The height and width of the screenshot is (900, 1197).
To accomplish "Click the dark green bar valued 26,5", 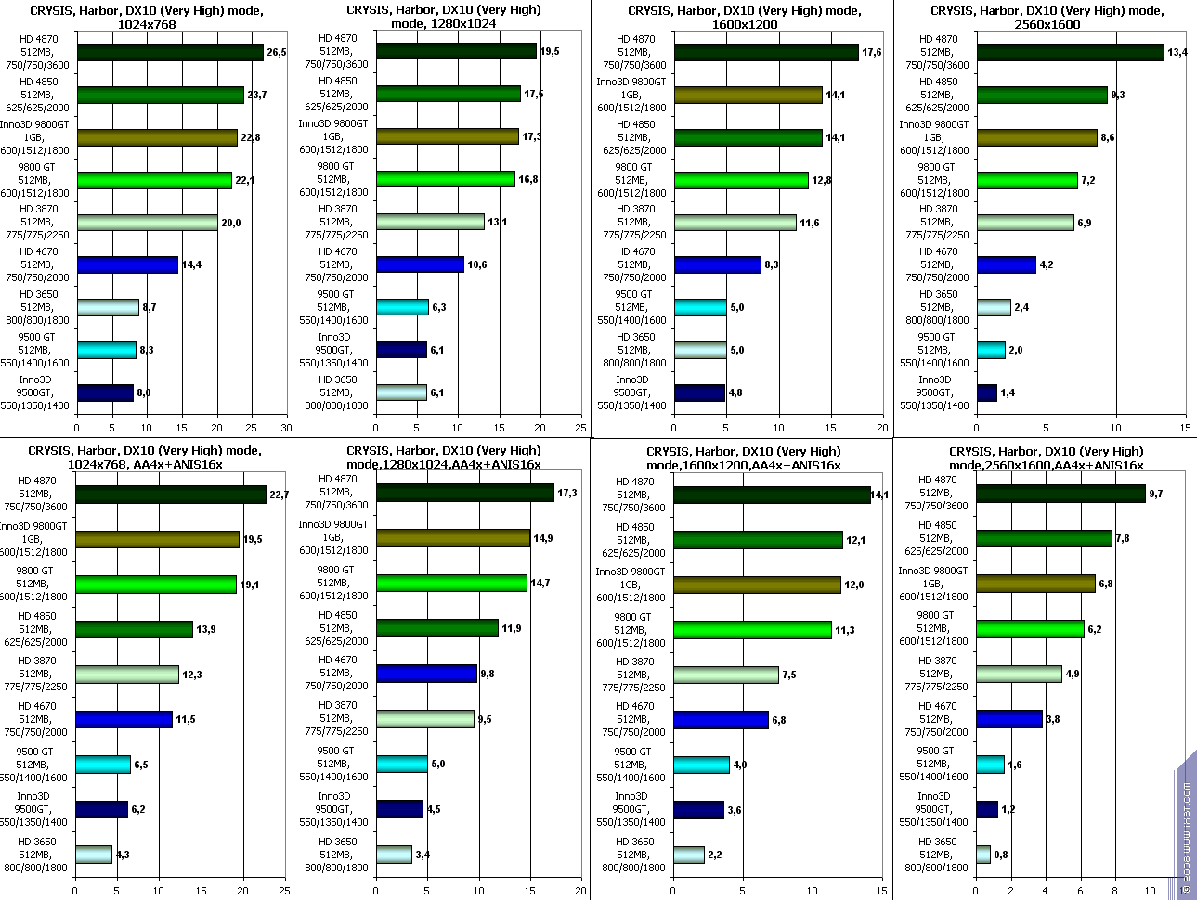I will (170, 52).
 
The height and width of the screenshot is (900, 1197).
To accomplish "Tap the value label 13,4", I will (1177, 53).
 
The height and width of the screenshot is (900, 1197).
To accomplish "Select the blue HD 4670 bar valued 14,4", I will (127, 264).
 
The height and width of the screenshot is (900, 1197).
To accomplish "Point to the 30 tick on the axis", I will (286, 428).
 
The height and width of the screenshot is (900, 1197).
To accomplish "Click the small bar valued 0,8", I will (983, 854).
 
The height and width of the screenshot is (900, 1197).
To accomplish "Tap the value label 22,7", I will (279, 495).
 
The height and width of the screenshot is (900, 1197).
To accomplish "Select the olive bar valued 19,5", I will (157, 539).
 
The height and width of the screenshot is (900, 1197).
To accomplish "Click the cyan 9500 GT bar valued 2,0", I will (991, 350).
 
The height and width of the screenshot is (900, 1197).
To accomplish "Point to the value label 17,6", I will (871, 53).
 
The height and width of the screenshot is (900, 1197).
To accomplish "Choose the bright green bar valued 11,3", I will (752, 630).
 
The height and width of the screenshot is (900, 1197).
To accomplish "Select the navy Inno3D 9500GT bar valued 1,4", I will (986, 392).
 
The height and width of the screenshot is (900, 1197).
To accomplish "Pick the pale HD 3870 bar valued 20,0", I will (147, 223).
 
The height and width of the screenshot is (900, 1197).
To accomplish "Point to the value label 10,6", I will (476, 265).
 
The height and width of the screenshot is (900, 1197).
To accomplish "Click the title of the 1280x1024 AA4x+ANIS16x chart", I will (443, 457).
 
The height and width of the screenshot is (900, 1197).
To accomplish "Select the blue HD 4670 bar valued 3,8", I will (1008, 718).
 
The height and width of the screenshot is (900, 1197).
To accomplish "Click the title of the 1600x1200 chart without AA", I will (744, 18).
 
